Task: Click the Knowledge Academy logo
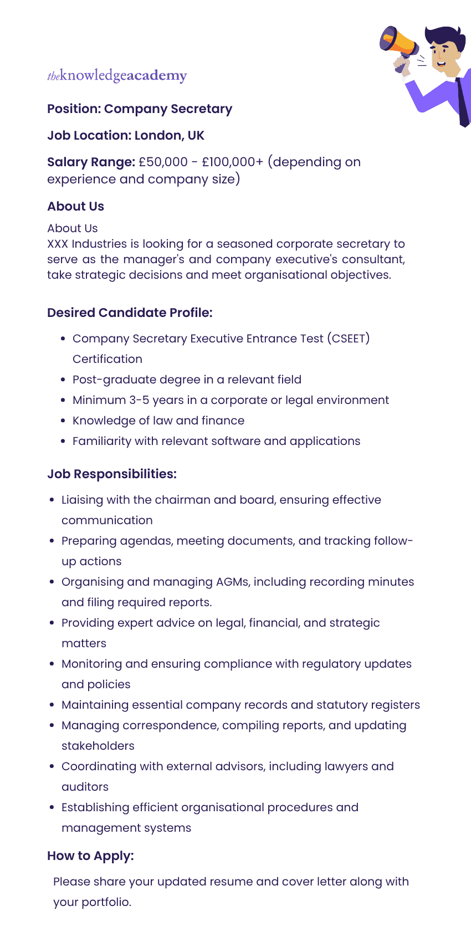[117, 75]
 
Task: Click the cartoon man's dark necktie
[463, 100]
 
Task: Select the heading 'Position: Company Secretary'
[140, 109]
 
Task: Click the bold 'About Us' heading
[75, 206]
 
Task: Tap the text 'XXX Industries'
[87, 244]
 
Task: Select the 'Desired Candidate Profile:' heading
[130, 313]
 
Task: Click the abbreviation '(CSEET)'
[348, 339]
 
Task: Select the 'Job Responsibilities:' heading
[112, 474]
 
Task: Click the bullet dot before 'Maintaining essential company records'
[52, 705]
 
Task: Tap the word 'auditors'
[85, 787]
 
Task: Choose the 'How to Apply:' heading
[90, 856]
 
